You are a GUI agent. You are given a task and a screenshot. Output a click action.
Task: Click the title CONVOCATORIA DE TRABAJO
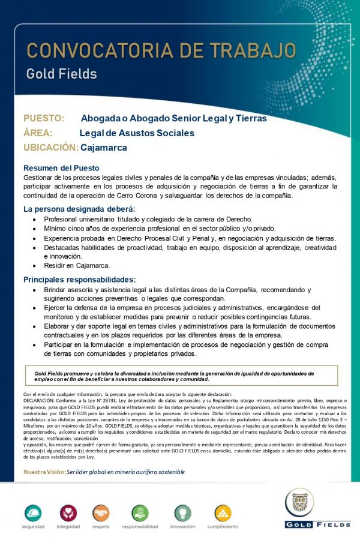(x=161, y=50)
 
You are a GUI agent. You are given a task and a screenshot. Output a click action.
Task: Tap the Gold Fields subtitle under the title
(x=61, y=74)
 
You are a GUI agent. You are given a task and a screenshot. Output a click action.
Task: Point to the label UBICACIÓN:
(x=51, y=148)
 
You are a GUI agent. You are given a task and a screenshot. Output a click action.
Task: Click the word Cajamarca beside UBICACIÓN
(x=104, y=148)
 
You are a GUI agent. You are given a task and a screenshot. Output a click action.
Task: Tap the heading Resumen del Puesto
(x=61, y=168)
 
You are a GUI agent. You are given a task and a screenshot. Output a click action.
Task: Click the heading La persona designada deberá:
(x=80, y=209)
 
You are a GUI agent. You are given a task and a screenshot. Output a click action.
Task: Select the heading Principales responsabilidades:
(x=80, y=280)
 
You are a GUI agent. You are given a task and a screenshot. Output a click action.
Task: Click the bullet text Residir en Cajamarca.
(x=77, y=265)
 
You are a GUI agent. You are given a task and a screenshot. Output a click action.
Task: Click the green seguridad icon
(x=33, y=513)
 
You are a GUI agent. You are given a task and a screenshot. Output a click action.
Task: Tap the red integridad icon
(x=68, y=513)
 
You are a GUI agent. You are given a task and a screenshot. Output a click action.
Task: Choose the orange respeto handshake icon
(x=101, y=513)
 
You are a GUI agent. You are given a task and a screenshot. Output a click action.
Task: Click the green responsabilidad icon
(x=140, y=513)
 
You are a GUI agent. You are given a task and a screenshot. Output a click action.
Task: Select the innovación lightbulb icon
(x=182, y=513)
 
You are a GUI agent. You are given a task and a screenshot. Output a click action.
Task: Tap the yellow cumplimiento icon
(x=223, y=513)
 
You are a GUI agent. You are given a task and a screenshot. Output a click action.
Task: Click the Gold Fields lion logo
(x=299, y=502)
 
